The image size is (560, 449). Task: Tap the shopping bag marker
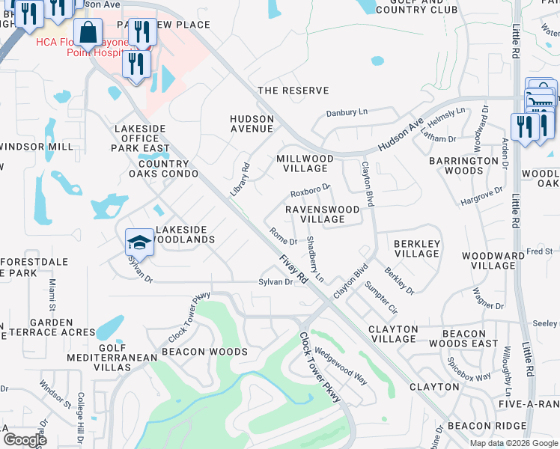(88, 34)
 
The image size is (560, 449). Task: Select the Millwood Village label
(305, 163)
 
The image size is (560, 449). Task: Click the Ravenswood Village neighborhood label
(323, 214)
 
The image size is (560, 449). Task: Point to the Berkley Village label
(416, 248)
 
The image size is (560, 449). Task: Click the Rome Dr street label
(283, 236)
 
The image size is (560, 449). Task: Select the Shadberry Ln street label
(315, 259)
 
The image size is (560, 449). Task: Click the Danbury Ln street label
(347, 113)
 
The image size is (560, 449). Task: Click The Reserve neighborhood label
(293, 91)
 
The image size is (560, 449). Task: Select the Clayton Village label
(393, 334)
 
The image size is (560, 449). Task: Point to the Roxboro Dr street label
(310, 189)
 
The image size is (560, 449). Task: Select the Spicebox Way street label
(469, 367)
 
